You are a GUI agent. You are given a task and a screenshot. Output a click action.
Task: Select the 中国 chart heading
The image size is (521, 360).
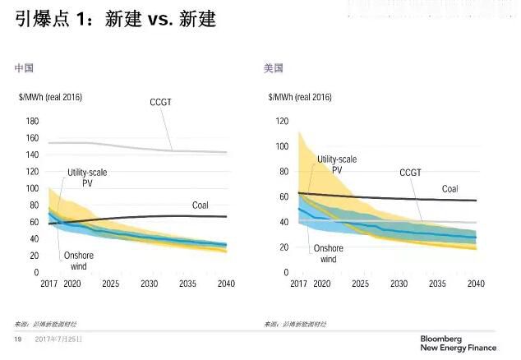click(25, 68)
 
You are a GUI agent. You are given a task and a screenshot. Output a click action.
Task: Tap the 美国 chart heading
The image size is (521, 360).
click(274, 68)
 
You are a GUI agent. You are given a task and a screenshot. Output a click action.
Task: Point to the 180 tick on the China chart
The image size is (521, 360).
click(33, 121)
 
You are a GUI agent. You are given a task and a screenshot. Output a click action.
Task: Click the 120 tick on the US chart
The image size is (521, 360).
click(281, 121)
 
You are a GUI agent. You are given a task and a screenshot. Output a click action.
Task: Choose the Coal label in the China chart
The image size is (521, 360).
click(201, 205)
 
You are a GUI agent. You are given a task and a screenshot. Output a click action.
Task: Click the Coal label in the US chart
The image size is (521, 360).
click(450, 188)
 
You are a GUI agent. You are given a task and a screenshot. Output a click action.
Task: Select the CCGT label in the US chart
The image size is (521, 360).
click(411, 173)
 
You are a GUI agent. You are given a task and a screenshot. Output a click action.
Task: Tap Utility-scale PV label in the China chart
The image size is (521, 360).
click(87, 178)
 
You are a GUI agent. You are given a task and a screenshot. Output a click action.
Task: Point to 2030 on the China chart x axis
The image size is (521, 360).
click(150, 284)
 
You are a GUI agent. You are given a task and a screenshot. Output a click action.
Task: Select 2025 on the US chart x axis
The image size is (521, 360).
click(360, 284)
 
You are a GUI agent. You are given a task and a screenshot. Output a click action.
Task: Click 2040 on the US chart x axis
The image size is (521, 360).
click(476, 284)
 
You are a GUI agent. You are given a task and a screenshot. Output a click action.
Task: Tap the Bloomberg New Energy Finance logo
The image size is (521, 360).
click(458, 343)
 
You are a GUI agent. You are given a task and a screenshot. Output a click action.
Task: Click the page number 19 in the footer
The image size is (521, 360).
click(16, 339)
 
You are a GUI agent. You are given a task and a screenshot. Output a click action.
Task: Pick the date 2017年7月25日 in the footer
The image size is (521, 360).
click(58, 339)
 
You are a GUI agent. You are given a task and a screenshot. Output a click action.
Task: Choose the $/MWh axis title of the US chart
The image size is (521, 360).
click(301, 97)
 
